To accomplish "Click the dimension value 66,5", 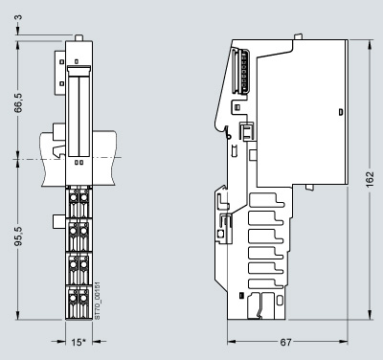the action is (x=18, y=102).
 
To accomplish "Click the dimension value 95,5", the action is (x=18, y=236).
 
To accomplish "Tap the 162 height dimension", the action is (x=370, y=179).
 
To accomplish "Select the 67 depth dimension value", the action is (x=285, y=342).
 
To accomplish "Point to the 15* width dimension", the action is (x=79, y=342).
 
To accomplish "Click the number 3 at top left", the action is (x=18, y=16).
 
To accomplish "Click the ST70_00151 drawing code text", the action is (x=98, y=301).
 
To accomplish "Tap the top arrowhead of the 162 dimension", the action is (x=370, y=44).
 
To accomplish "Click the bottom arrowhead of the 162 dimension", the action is (x=370, y=314).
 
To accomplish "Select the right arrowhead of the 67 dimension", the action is (x=343, y=342).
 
